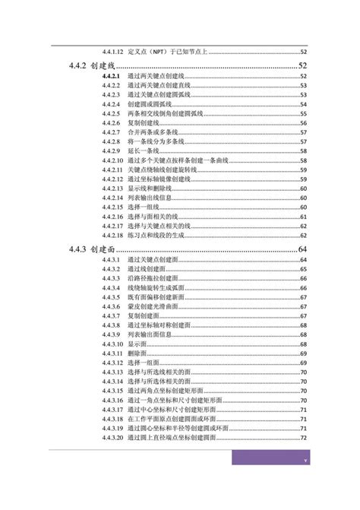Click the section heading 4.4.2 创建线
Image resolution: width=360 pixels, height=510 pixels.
coord(93,67)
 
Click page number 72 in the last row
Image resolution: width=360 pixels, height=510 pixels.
coord(303,438)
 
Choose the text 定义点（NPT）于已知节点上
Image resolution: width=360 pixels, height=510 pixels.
coord(168,52)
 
